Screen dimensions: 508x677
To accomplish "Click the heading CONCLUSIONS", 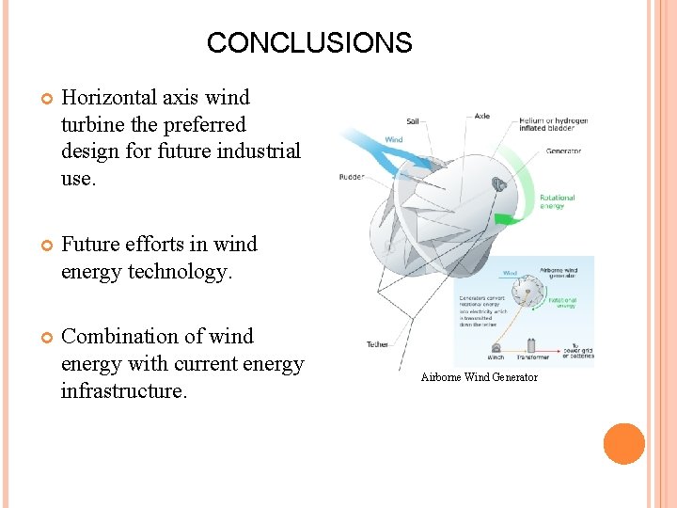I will (308, 43).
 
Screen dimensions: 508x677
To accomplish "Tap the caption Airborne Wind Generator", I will (479, 377).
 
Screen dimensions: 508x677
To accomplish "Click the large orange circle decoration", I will (623, 444).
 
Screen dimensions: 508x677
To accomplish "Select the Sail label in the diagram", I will (412, 121).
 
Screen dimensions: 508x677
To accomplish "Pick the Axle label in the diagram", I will (481, 117).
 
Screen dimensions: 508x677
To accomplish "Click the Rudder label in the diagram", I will (352, 176).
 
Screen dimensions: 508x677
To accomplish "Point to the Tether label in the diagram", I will (377, 344).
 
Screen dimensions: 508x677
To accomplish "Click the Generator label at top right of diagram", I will (562, 151).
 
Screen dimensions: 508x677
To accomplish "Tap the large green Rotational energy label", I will (557, 201).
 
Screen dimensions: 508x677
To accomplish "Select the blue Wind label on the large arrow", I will (393, 139).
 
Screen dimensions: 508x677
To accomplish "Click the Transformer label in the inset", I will (531, 357).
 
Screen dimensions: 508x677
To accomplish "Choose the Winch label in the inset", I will (495, 357).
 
